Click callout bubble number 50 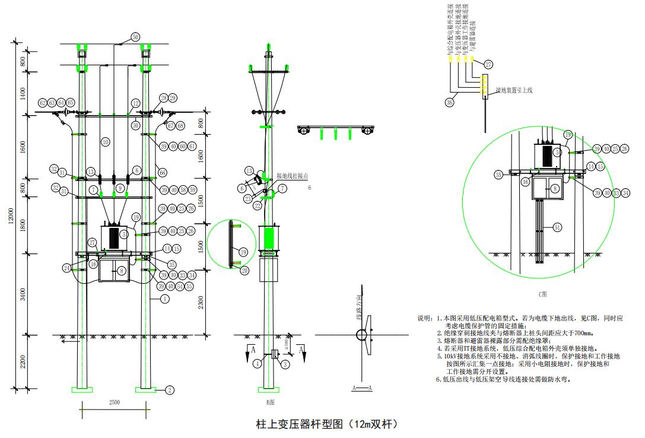(135, 37)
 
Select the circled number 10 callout (105, 142)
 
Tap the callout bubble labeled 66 (163, 172)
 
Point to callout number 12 (136, 103)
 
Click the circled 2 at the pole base (170, 390)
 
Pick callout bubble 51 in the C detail (556, 226)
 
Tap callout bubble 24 (67, 268)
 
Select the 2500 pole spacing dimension (115, 402)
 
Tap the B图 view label (270, 402)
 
